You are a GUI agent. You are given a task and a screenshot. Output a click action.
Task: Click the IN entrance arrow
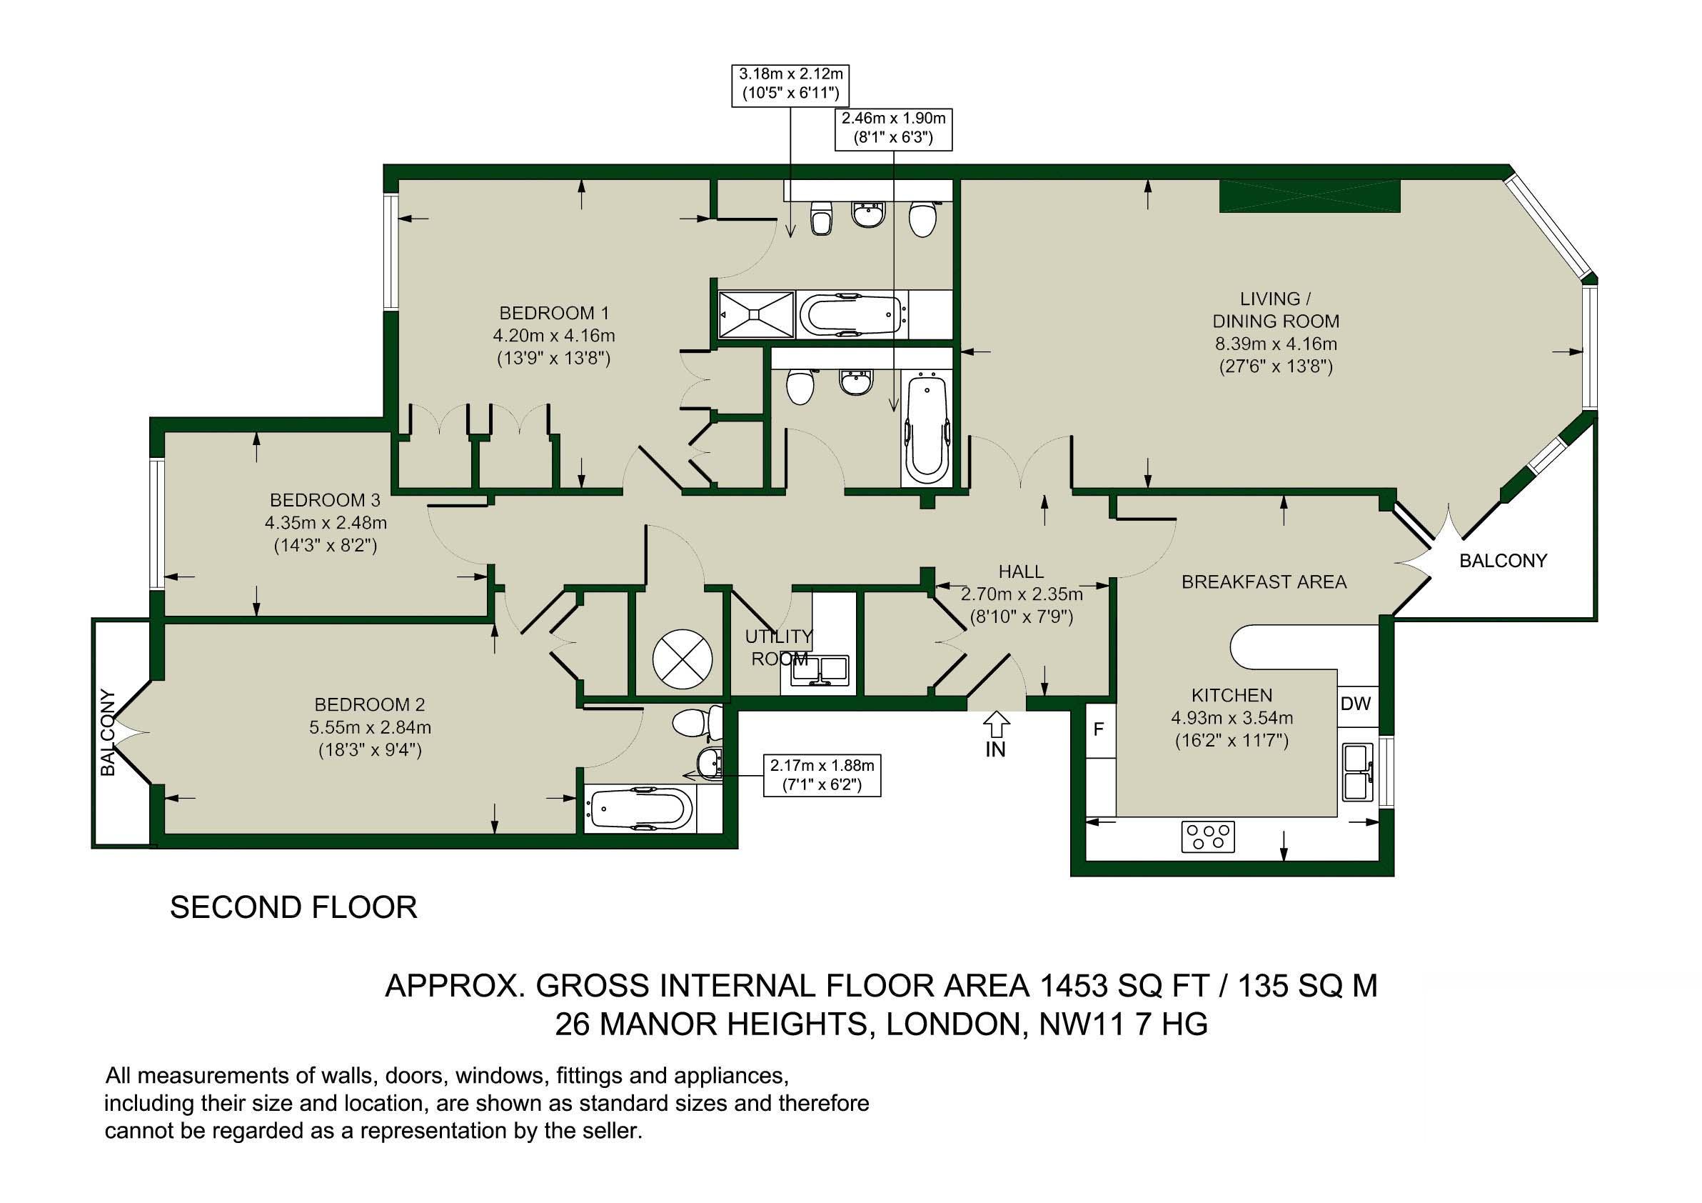995,724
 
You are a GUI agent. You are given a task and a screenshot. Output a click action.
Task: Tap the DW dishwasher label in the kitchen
1356,703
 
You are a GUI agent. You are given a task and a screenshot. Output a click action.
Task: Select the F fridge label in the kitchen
1099,730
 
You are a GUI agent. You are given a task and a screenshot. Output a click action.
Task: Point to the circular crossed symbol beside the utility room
683,659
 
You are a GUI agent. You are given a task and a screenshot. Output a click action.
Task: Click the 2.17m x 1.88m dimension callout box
822,775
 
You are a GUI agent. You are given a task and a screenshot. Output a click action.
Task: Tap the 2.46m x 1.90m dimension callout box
893,129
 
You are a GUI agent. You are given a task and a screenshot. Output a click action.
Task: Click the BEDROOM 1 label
554,313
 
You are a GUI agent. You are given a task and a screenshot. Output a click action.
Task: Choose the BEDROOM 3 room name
325,500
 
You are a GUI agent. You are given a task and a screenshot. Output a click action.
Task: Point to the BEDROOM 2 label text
370,704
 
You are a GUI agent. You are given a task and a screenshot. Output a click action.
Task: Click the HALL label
1021,571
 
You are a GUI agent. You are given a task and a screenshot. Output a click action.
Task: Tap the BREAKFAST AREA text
1264,582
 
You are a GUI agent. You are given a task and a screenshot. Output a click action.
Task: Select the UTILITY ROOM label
779,647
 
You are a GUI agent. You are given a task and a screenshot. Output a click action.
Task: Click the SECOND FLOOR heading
293,908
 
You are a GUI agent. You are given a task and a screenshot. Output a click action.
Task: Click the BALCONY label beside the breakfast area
1503,561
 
